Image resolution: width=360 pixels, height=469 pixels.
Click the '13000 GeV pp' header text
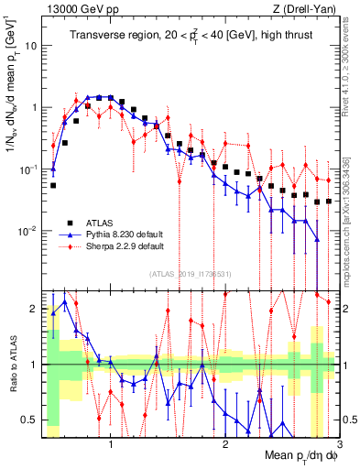click(79, 8)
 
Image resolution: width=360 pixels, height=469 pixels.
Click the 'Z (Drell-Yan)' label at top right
click(307, 8)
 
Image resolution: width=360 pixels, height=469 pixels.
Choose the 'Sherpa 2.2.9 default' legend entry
click(123, 246)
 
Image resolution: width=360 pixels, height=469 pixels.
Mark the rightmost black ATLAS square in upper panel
click(329, 201)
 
